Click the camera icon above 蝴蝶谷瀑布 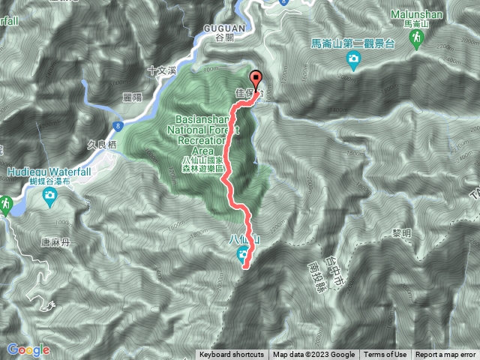click(x=49, y=196)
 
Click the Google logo click(x=28, y=349)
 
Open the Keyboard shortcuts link click(x=232, y=355)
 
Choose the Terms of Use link click(x=385, y=355)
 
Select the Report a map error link click(x=445, y=355)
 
